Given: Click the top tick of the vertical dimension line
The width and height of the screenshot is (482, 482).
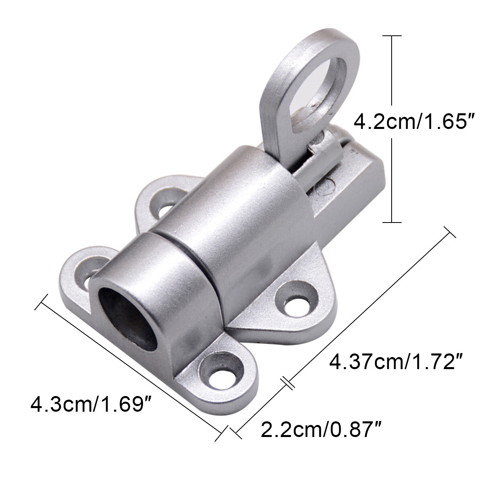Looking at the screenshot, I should [391, 36].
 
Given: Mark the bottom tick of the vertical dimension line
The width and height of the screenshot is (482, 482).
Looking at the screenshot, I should [391, 222].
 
